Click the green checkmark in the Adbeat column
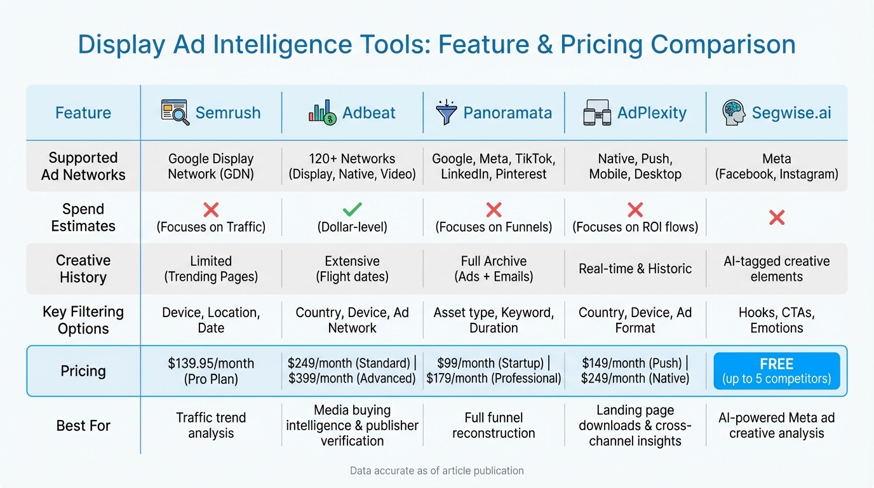coord(352,209)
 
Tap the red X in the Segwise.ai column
coord(776,217)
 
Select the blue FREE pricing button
coord(776,371)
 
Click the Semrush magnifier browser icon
coord(175,112)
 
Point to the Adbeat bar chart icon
coord(322,112)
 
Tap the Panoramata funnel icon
coord(447,112)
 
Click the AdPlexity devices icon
coord(597,112)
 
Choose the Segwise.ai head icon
coord(734,112)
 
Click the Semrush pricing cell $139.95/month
coord(211,371)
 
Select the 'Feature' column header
coord(83,113)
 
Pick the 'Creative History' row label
coord(83,269)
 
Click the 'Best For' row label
coord(83,426)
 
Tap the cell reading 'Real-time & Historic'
coord(635,269)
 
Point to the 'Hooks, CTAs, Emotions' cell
coord(776,320)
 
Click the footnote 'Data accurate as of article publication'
coord(436,471)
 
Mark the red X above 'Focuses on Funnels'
coord(494,210)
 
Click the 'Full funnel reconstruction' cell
coord(494,426)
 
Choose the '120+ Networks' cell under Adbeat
coord(352,166)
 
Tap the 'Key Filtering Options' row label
coord(83,320)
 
